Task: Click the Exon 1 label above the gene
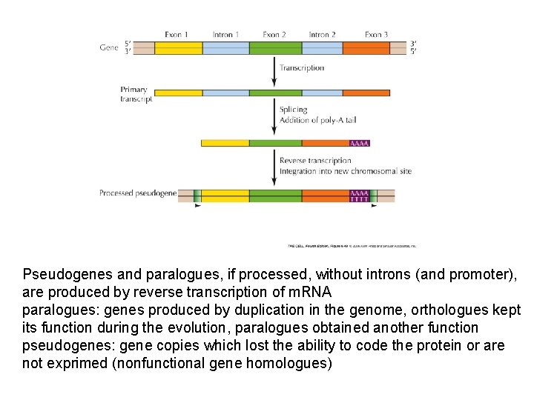pyautogui.click(x=176, y=34)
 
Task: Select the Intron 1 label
pyautogui.click(x=225, y=34)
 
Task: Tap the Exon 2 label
pyautogui.click(x=274, y=34)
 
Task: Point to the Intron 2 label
pyautogui.click(x=323, y=34)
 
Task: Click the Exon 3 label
pyautogui.click(x=376, y=34)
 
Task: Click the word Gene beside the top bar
pyautogui.click(x=109, y=47)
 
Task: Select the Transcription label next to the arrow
pyautogui.click(x=302, y=68)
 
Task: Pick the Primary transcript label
pyautogui.click(x=136, y=94)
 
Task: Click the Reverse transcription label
pyautogui.click(x=315, y=161)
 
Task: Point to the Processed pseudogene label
pyautogui.click(x=138, y=193)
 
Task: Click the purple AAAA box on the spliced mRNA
pyautogui.click(x=359, y=143)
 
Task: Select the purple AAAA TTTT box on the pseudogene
pyautogui.click(x=359, y=196)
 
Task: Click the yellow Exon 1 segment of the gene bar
pyautogui.click(x=178, y=48)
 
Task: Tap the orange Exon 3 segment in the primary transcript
pyautogui.click(x=366, y=93)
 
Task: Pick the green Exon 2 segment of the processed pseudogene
pyautogui.click(x=275, y=196)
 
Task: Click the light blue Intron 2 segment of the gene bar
pyautogui.click(x=322, y=48)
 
